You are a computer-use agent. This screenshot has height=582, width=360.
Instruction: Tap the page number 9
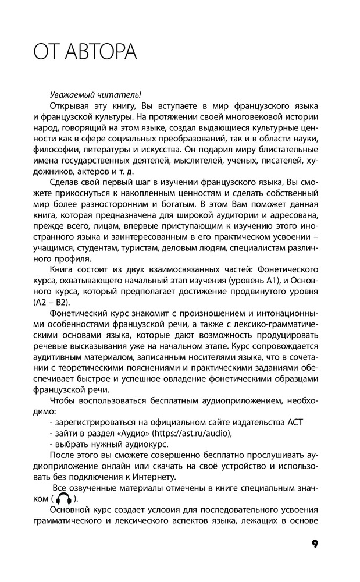click(x=314, y=544)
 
